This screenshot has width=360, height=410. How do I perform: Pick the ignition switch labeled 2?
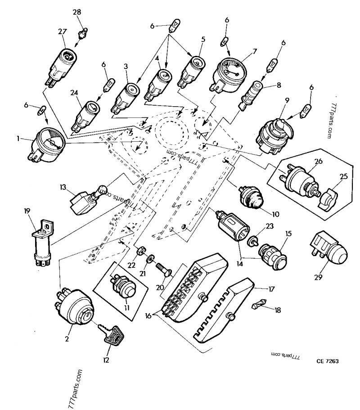click(76, 306)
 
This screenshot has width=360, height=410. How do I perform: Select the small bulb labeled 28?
click(82, 33)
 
